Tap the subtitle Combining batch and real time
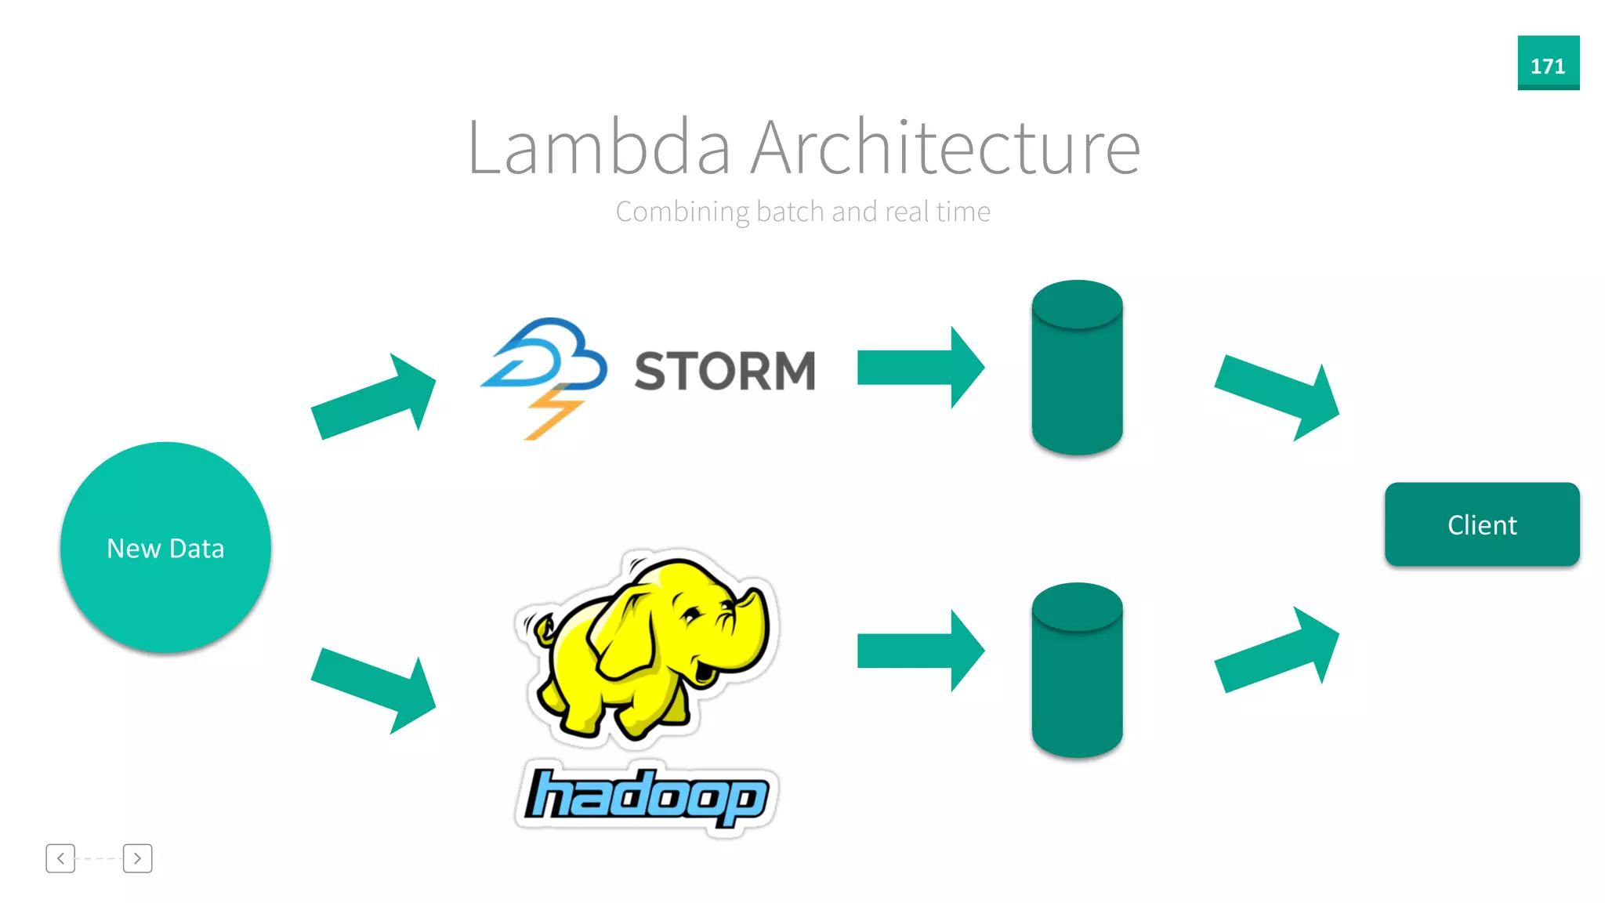(802, 212)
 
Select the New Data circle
(165, 547)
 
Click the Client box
(1481, 524)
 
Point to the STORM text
(725, 371)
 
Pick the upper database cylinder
(1077, 368)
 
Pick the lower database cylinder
(1077, 671)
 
